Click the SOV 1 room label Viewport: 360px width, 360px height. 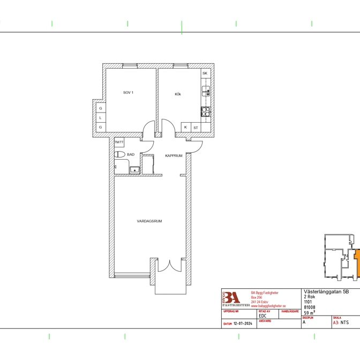coord(128,93)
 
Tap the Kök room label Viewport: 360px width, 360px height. coord(178,94)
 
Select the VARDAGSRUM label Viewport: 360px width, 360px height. coord(149,221)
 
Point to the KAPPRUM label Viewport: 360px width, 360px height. coord(174,156)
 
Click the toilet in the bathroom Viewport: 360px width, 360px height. coord(119,155)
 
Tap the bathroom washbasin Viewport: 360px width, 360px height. coord(135,170)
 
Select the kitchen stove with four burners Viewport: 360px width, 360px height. coord(206,111)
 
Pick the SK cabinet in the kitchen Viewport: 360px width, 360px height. coord(205,73)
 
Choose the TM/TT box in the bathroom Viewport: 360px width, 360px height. coord(119,142)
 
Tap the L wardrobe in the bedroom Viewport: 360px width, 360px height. coord(100,118)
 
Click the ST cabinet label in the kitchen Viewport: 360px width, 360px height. coord(196,127)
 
